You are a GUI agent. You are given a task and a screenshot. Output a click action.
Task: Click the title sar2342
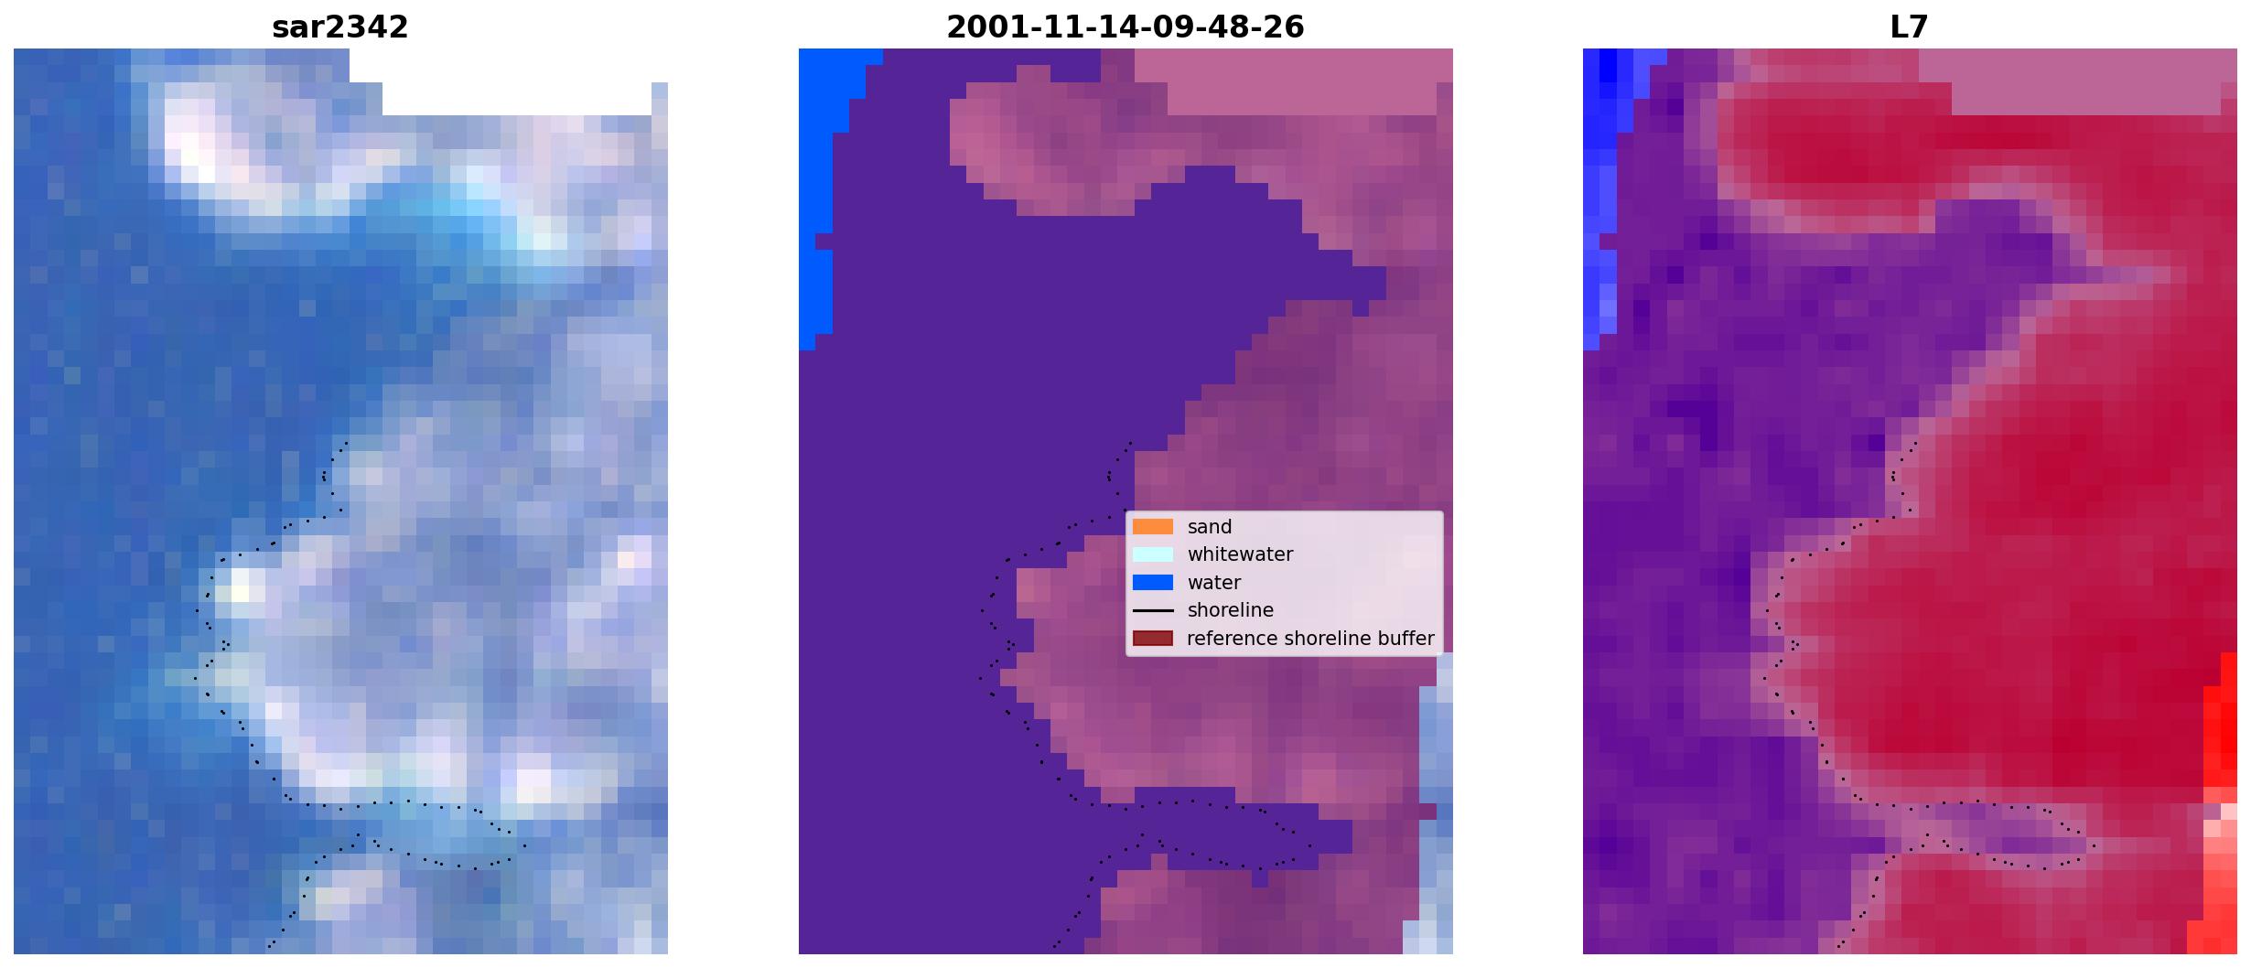tap(339, 27)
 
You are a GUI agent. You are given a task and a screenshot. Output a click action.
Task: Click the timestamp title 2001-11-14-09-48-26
tap(1125, 27)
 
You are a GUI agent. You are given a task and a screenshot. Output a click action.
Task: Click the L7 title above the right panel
tap(1909, 27)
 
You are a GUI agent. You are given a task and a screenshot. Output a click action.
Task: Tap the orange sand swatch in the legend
tap(1152, 526)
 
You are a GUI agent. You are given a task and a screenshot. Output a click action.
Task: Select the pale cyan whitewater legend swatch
tap(1152, 554)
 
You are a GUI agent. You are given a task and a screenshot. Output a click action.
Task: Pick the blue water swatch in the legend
tap(1152, 582)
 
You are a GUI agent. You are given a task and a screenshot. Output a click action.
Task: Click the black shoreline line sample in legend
tap(1152, 610)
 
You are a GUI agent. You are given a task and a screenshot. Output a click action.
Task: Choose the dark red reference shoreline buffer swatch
tap(1152, 638)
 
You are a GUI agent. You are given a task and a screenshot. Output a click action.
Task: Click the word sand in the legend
tap(1210, 527)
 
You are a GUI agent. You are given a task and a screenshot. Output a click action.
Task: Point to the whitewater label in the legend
tap(1240, 554)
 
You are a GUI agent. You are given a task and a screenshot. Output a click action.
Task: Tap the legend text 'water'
tap(1214, 583)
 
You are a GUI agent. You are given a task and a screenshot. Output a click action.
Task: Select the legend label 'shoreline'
tap(1230, 610)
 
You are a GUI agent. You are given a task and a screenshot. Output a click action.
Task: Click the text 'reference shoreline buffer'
tap(1310, 639)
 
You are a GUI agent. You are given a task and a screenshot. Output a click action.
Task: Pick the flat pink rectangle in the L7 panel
tap(2077, 81)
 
